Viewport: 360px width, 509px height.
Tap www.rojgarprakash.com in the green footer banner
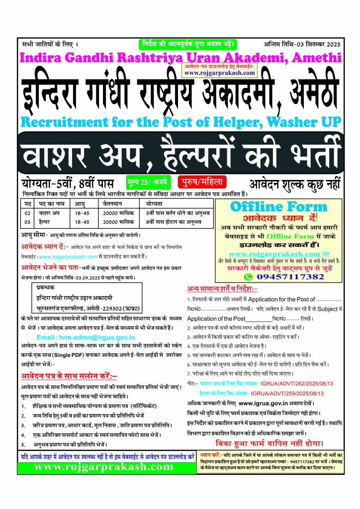pyautogui.click(x=103, y=467)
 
